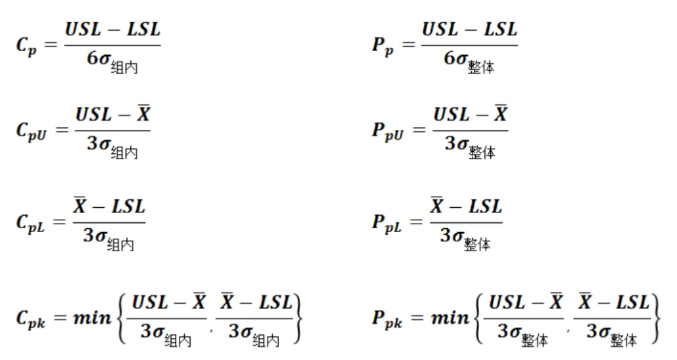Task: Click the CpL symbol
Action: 30,224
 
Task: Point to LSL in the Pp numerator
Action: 500,30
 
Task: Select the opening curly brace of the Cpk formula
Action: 121,319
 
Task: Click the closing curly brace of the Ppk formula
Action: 655,319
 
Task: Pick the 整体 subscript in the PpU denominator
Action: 482,152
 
